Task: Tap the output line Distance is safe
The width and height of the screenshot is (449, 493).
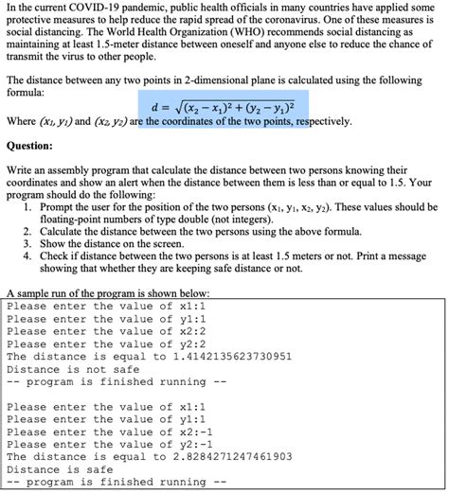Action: [x=59, y=467]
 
